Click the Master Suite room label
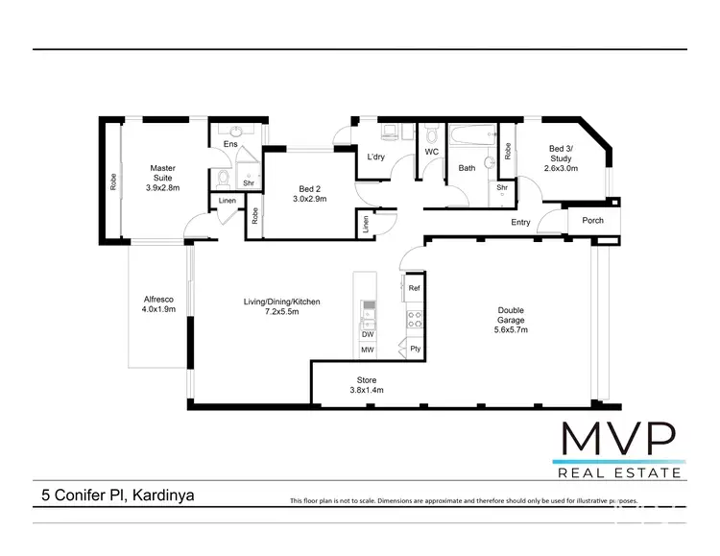(x=162, y=178)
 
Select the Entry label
(x=520, y=223)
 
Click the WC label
(x=431, y=152)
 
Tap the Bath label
(x=467, y=168)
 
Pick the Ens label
(x=230, y=144)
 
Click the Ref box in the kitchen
(x=414, y=288)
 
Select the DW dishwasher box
(x=368, y=334)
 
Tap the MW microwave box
(x=368, y=351)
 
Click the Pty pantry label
(x=415, y=349)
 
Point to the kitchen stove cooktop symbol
(x=415, y=319)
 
